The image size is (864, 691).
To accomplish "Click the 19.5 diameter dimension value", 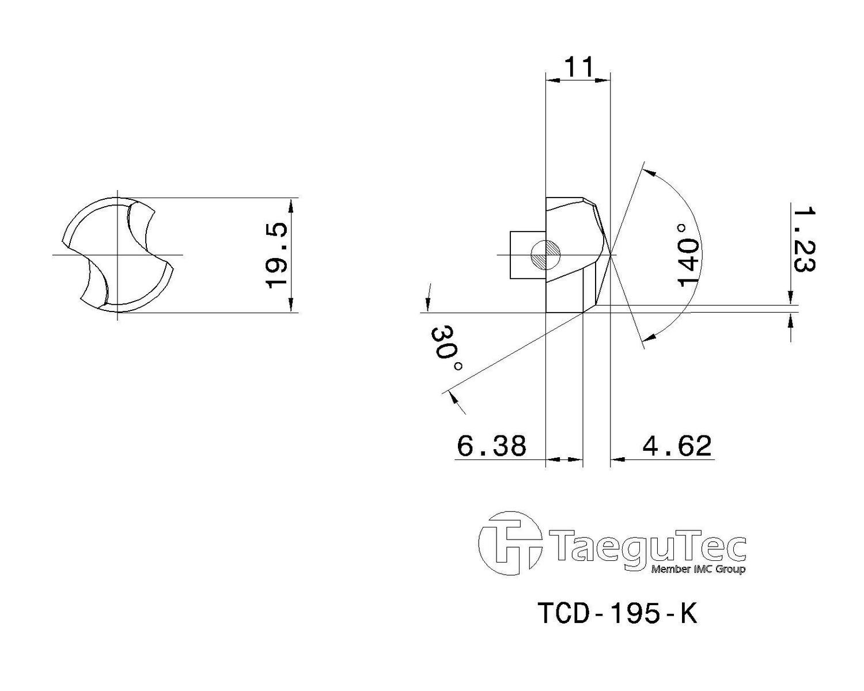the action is click(276, 255).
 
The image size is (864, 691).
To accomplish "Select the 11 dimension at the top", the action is click(578, 67).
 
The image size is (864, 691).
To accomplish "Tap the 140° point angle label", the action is click(688, 255).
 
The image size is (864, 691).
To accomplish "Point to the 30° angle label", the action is click(447, 348).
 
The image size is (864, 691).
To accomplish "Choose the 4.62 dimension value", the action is click(677, 445).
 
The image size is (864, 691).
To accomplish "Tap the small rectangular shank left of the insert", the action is click(528, 255).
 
